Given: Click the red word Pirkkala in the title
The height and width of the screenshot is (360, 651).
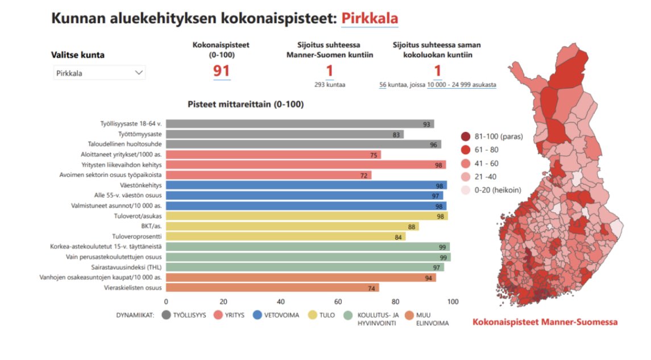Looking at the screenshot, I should pos(370,18).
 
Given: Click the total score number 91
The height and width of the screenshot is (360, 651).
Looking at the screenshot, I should pos(222,71).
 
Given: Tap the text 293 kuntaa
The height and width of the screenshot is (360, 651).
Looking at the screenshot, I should pos(330,84).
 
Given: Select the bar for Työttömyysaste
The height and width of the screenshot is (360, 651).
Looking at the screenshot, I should pos(284,134).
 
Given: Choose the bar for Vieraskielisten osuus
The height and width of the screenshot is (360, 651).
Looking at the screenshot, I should pos(273,288).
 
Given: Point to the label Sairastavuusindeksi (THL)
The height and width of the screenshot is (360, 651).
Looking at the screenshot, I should pos(126,267).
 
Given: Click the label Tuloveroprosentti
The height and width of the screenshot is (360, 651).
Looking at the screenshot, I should pos(136,237).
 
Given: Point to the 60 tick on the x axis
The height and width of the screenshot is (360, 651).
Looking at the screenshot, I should pos(338,301).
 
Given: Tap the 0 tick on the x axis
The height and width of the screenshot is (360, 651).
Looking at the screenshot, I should pos(166,301).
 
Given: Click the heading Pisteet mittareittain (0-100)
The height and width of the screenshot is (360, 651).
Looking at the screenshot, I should pos(246,105).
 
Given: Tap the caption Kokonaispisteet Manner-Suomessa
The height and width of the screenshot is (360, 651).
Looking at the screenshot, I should pos(545,322).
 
